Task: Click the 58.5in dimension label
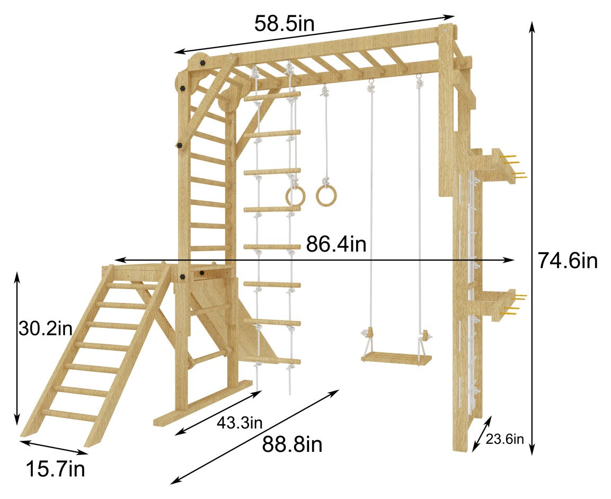(284, 23)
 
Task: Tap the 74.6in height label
(568, 261)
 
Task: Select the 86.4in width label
(335, 245)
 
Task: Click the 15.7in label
(55, 469)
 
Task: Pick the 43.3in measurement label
(240, 423)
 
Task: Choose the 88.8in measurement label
(291, 445)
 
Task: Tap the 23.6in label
(506, 439)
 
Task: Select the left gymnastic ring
(295, 196)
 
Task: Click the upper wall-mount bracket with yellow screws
(498, 164)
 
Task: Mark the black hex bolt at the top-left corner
(202, 62)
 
